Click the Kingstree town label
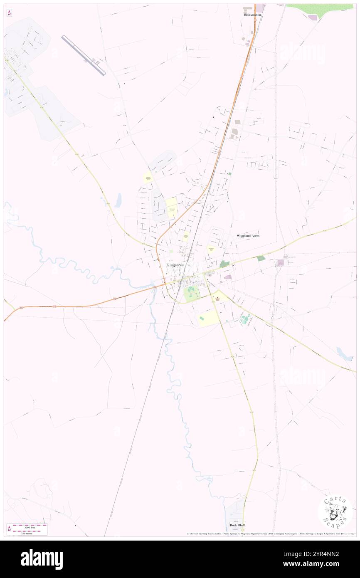175,265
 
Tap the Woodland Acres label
248,236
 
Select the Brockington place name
252,15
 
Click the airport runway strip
84,55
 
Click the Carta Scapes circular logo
335,511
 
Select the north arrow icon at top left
9,13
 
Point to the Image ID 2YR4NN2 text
320,554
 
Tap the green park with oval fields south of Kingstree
191,294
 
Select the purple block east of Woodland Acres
280,262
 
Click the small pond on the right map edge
344,354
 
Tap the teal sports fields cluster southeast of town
245,319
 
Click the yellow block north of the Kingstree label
186,236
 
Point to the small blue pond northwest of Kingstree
118,200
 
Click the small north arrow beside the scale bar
9,529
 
